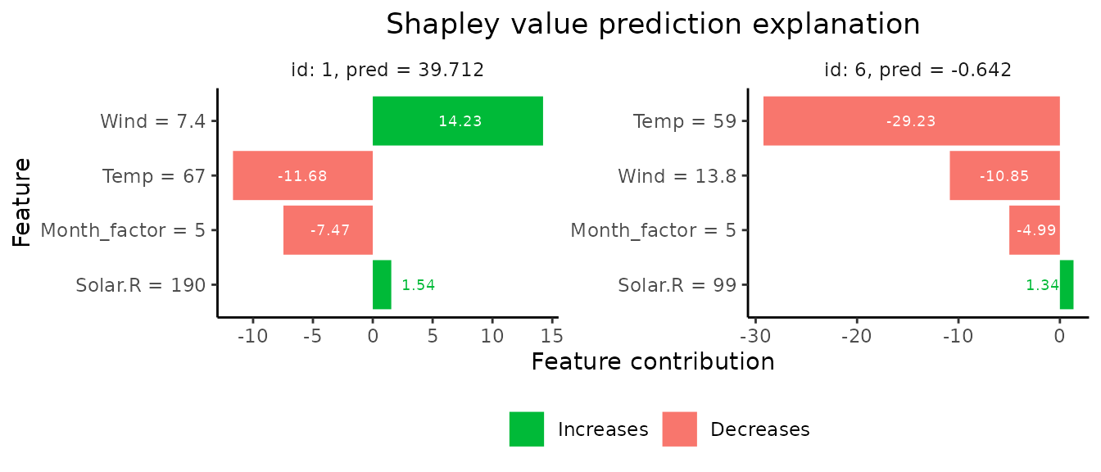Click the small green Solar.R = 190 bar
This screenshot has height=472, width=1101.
click(x=382, y=285)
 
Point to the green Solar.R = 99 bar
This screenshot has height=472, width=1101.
click(x=1066, y=285)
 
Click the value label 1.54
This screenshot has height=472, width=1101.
click(x=418, y=285)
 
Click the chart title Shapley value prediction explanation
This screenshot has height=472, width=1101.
click(x=653, y=25)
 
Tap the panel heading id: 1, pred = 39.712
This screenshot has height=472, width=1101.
click(x=387, y=70)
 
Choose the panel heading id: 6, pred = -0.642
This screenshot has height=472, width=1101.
click(x=917, y=70)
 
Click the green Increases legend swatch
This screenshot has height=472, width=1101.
click(x=526, y=429)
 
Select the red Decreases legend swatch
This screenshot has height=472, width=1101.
click(x=679, y=429)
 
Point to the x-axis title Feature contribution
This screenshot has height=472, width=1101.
click(x=653, y=361)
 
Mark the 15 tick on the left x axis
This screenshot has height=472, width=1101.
click(x=551, y=336)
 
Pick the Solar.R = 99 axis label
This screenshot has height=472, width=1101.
click(x=677, y=285)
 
